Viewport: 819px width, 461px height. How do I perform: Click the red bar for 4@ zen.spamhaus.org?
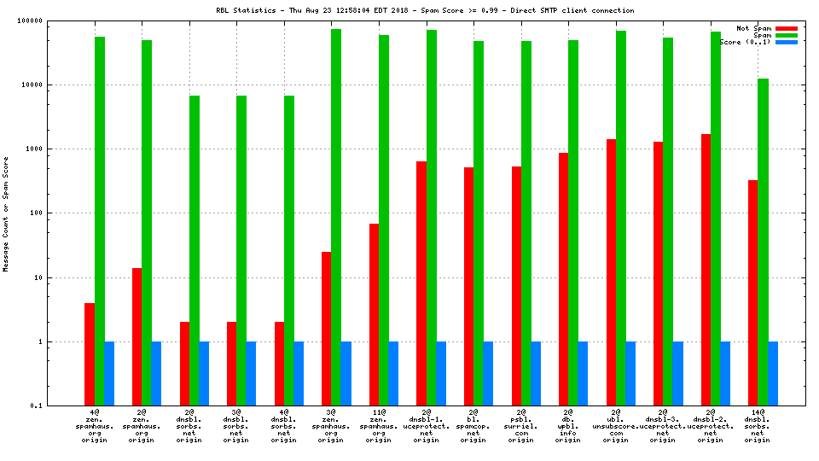[x=90, y=354]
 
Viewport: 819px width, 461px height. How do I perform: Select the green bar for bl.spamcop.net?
[x=479, y=223]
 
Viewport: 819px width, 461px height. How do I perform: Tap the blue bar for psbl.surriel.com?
[x=536, y=373]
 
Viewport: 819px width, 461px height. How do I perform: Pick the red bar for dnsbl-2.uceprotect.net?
[x=706, y=270]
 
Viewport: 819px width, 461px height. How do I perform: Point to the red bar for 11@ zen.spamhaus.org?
[x=374, y=314]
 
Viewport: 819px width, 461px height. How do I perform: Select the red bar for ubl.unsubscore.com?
[x=611, y=272]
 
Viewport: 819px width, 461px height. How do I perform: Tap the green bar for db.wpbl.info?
[x=573, y=223]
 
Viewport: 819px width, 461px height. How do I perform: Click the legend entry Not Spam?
[x=753, y=28]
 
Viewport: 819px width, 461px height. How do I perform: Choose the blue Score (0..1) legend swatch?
[x=787, y=42]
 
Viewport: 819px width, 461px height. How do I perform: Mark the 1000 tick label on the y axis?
[x=56, y=149]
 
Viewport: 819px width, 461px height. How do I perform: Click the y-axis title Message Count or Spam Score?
[x=6, y=213]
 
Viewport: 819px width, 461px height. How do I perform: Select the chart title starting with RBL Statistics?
[x=424, y=10]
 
